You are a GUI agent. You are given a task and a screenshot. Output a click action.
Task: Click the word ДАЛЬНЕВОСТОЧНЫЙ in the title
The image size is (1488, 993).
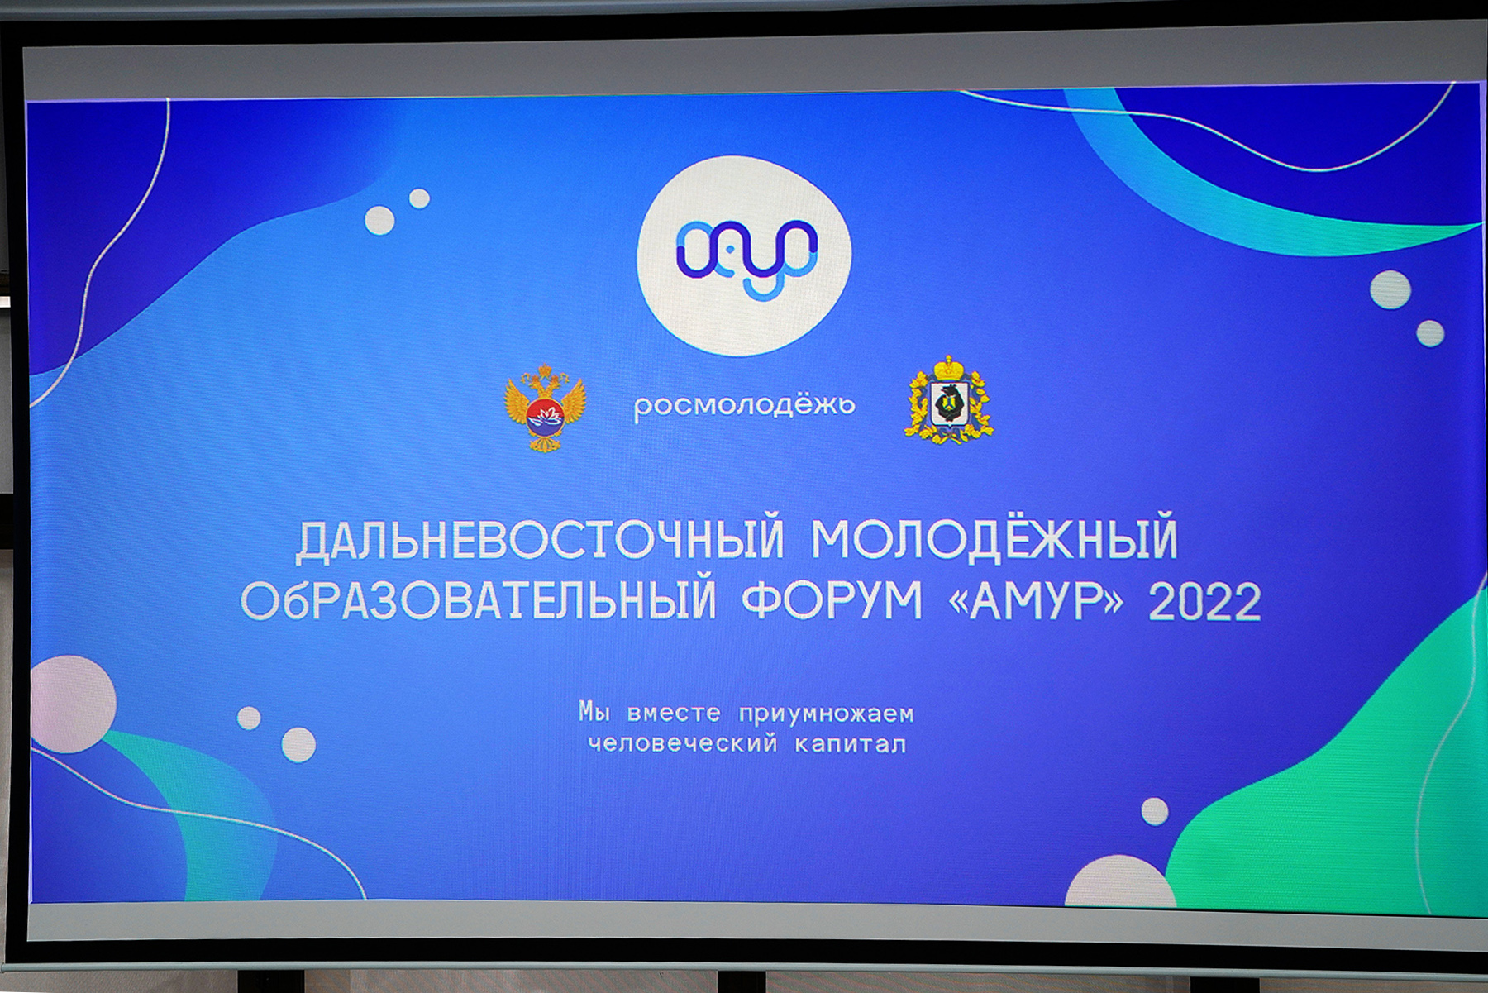(x=540, y=538)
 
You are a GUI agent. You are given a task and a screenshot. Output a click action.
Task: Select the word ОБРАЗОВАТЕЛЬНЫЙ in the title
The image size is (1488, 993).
(x=478, y=600)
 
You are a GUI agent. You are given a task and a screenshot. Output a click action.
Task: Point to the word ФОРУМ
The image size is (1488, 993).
(x=832, y=600)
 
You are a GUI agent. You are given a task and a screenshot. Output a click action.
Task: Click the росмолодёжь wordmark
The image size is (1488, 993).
(x=744, y=404)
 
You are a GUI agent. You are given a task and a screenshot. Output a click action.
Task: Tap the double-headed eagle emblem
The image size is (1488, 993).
(x=545, y=408)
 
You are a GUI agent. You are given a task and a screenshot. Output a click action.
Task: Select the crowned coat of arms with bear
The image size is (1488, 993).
(x=949, y=400)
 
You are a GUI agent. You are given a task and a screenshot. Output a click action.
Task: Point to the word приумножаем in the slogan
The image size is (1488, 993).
(x=826, y=714)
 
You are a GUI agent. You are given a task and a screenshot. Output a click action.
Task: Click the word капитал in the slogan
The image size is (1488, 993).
(x=850, y=744)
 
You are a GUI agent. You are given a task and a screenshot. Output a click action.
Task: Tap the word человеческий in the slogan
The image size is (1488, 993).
(x=683, y=743)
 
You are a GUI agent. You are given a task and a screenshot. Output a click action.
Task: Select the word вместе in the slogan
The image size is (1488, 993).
(x=674, y=713)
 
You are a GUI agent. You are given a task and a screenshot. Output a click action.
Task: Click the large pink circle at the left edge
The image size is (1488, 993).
(x=73, y=704)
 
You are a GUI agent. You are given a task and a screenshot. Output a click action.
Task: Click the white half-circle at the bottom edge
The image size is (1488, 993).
(x=1120, y=882)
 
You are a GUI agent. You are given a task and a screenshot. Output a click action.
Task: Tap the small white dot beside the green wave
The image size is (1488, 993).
(x=1155, y=811)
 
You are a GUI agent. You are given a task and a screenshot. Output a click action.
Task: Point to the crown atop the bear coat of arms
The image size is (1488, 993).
(x=949, y=367)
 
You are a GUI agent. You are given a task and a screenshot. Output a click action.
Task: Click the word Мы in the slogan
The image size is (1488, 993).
(x=594, y=711)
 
